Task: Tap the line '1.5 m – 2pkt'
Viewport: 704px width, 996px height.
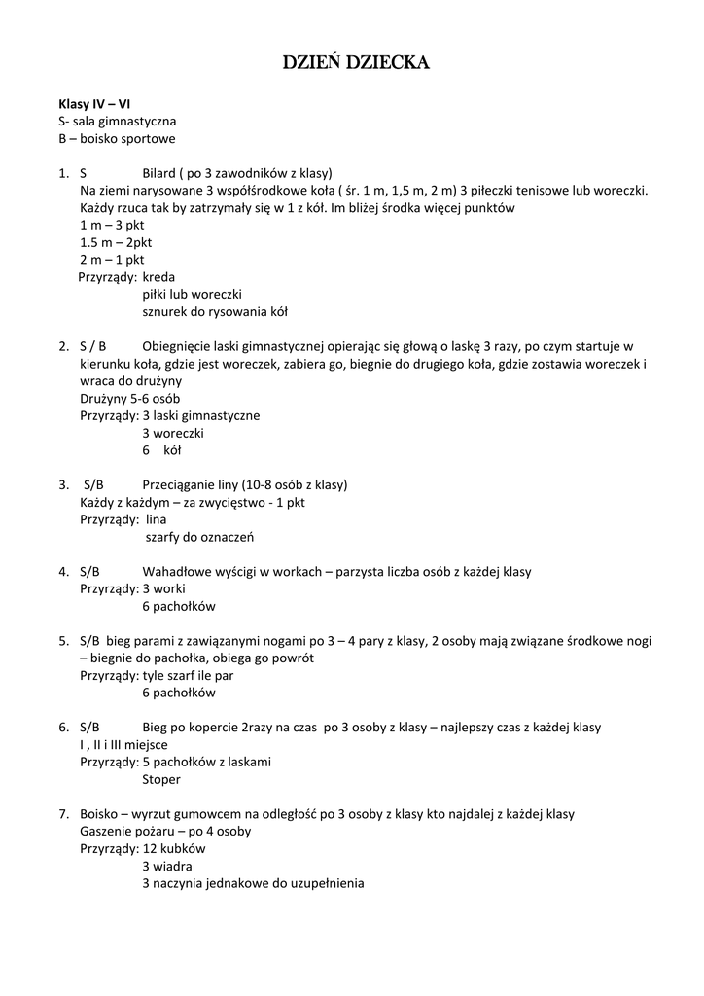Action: (x=116, y=242)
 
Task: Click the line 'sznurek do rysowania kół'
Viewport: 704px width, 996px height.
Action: (x=214, y=312)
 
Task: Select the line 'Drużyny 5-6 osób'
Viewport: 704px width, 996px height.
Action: (x=129, y=398)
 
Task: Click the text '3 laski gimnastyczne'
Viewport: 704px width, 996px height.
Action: (x=200, y=415)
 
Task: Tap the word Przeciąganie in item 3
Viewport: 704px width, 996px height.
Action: (x=180, y=484)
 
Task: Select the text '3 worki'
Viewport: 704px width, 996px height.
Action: (x=163, y=588)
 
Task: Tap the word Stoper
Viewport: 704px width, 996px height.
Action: (x=161, y=779)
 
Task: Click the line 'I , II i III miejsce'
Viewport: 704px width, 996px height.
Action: (x=124, y=744)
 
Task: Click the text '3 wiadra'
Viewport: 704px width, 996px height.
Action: (x=166, y=866)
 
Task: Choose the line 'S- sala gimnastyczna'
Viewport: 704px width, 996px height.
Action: (x=117, y=121)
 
